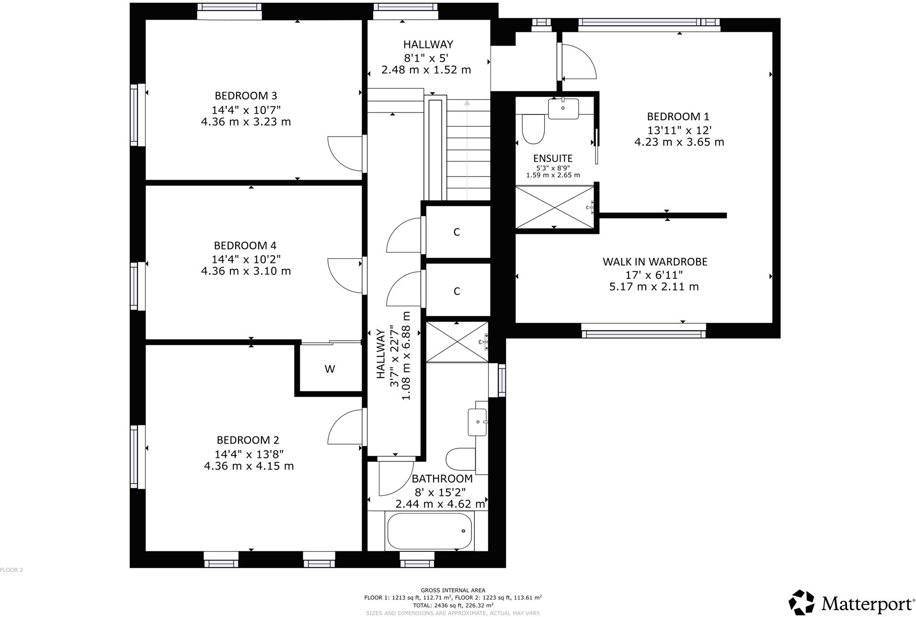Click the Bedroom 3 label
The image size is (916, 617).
tap(246, 95)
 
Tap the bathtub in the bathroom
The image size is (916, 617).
tap(429, 531)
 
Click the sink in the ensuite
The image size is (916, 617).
tap(563, 109)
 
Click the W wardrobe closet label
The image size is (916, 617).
tap(330, 369)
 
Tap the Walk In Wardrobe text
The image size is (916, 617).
tap(654, 262)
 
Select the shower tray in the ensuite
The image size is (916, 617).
tap(554, 207)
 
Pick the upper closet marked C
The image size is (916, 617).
tap(457, 232)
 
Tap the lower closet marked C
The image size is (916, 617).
tap(457, 291)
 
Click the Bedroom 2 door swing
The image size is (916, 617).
tap(344, 427)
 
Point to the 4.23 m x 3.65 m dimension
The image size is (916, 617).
tap(679, 142)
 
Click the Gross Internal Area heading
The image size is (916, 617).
tap(453, 590)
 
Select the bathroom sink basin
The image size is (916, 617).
tap(477, 422)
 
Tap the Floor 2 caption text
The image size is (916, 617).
tap(11, 570)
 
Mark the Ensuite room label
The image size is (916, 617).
tap(552, 159)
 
